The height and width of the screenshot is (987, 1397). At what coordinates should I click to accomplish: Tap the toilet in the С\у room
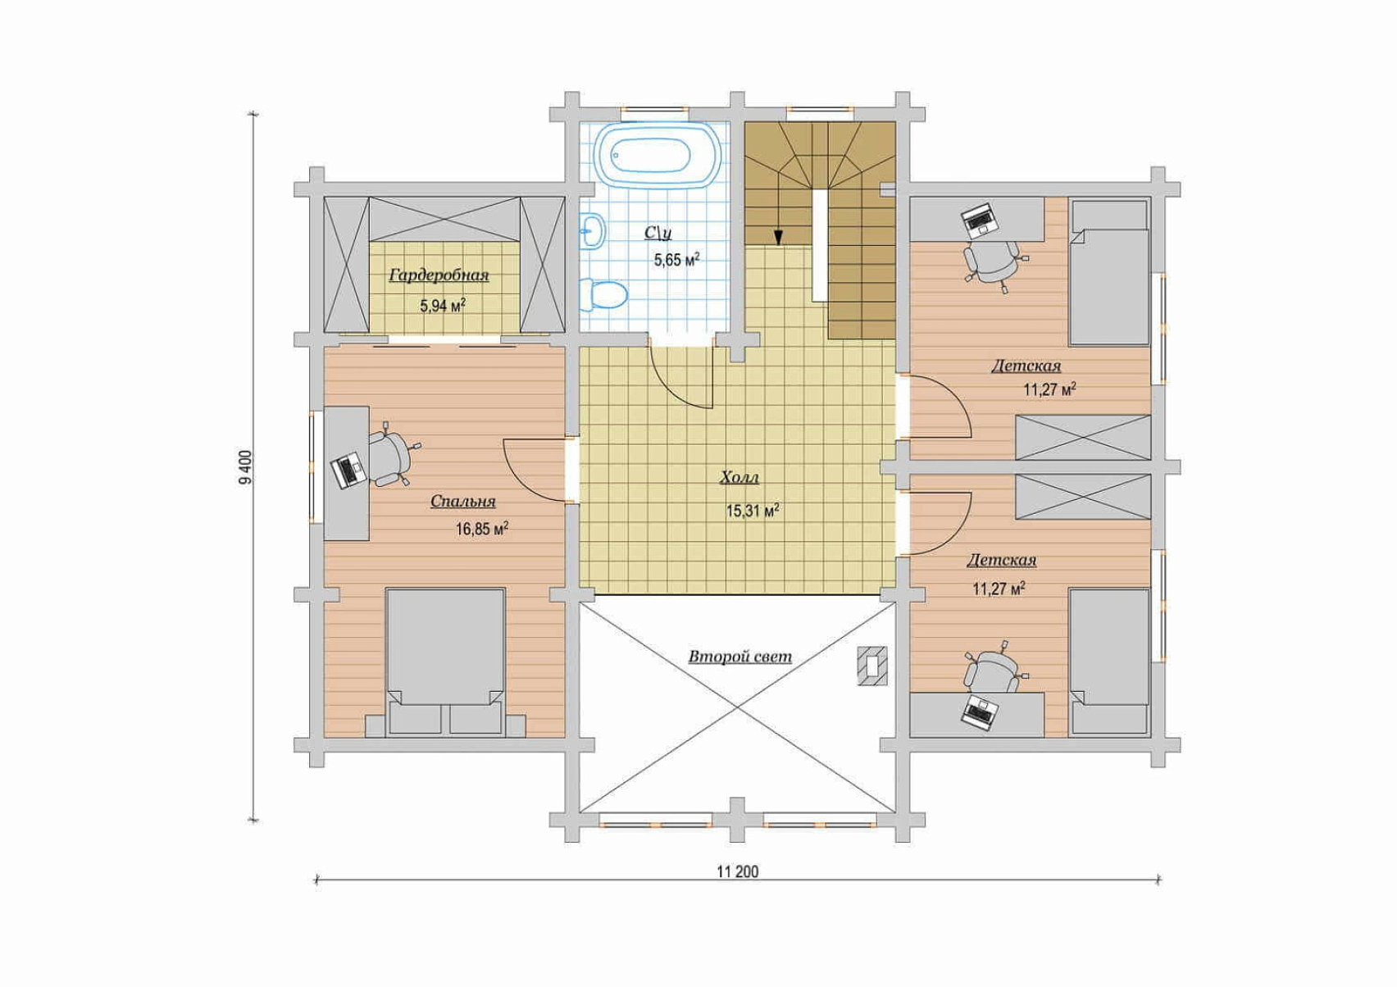point(602,296)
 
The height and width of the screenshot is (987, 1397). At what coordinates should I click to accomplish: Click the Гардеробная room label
point(439,275)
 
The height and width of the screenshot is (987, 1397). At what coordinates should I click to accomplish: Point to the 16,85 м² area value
point(481,530)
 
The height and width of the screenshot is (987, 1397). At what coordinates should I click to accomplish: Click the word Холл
point(739,478)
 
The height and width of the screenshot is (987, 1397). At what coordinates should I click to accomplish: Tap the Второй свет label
point(740,657)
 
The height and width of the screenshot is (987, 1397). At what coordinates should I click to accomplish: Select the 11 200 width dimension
point(738,871)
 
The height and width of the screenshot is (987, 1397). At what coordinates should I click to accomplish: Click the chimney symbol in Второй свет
point(872,666)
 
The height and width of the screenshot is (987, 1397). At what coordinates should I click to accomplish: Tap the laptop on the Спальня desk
point(347,470)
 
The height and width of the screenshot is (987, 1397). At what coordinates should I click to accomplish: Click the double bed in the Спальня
point(445,661)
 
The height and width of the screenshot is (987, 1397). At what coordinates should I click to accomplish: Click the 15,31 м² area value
point(753,512)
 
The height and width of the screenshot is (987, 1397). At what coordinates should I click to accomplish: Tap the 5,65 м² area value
point(676,260)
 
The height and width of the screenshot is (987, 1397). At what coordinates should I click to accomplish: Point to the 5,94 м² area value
point(444,306)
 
